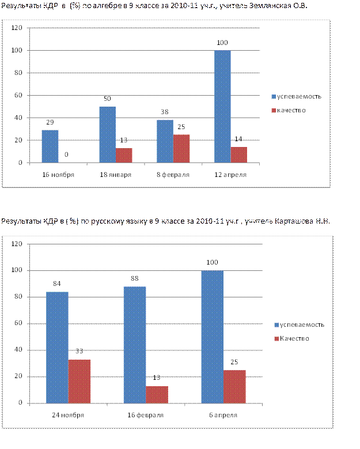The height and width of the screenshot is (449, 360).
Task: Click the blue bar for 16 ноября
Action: click(50, 146)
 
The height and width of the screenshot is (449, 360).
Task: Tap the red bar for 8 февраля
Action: click(181, 149)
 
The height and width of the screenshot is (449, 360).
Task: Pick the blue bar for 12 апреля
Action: click(222, 107)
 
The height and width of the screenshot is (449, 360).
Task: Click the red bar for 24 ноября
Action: click(79, 381)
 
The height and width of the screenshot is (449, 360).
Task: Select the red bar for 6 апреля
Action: click(234, 386)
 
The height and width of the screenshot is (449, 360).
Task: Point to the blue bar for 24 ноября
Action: click(57, 347)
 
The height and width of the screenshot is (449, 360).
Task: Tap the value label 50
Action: click(107, 99)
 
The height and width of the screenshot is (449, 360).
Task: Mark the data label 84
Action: click(57, 283)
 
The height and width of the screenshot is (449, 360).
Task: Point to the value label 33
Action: click(79, 350)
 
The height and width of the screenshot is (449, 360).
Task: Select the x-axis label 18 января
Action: click(115, 174)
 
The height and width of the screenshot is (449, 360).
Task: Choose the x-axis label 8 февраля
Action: click(173, 174)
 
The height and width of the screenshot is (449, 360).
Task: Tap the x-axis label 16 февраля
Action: click(145, 414)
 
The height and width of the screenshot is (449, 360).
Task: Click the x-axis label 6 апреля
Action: click(223, 414)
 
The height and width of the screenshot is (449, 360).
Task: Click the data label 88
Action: click(135, 278)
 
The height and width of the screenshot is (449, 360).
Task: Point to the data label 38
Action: click(165, 112)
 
